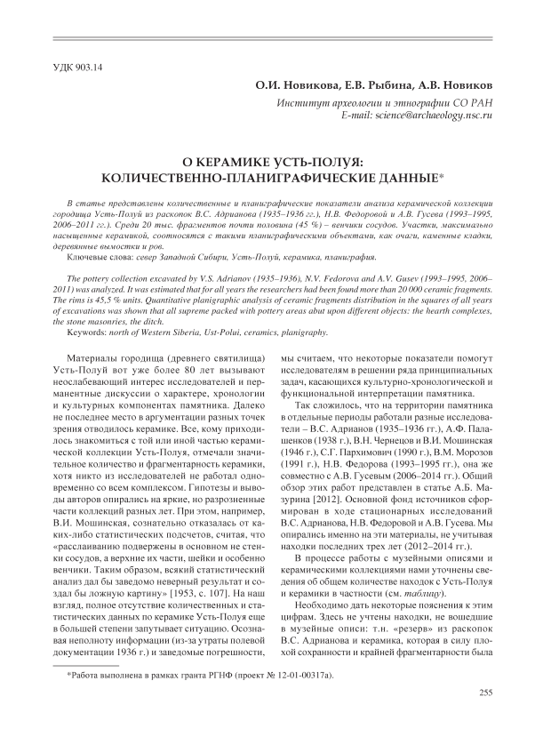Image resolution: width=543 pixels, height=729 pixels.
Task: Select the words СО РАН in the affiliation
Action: coord(469,103)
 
